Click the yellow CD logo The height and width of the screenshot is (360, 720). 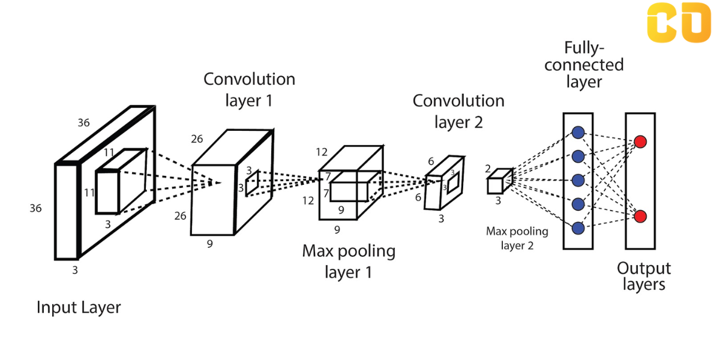click(x=679, y=23)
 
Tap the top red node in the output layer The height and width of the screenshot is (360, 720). click(x=640, y=142)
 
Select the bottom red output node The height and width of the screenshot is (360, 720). click(x=640, y=216)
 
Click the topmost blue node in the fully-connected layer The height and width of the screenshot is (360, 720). click(x=578, y=133)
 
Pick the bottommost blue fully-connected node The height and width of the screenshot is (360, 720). click(x=578, y=228)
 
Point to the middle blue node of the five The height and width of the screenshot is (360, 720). click(x=578, y=180)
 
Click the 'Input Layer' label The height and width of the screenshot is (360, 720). click(x=79, y=308)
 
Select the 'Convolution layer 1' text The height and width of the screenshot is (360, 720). click(x=249, y=89)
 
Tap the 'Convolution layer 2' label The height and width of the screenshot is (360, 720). click(x=458, y=111)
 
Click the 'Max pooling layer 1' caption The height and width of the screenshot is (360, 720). click(x=349, y=261)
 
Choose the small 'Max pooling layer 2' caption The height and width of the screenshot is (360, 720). click(x=517, y=238)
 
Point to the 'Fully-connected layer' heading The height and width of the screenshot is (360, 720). click(x=584, y=64)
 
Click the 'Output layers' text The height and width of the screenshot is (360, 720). click(x=644, y=276)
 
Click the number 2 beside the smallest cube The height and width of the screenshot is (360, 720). click(x=488, y=169)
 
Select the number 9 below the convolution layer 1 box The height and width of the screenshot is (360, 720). click(x=209, y=244)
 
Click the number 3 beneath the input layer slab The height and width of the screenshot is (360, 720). click(x=75, y=270)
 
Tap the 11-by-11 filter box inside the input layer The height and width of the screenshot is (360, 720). click(x=108, y=191)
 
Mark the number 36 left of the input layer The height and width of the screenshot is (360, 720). click(x=36, y=208)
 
